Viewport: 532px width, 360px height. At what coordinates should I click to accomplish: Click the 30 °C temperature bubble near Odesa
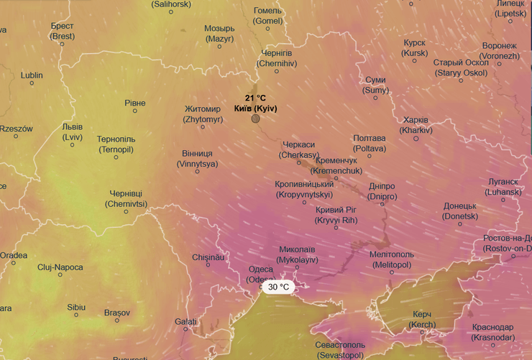tap(278, 287)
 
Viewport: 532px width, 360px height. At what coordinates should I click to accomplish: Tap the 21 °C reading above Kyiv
tap(255, 98)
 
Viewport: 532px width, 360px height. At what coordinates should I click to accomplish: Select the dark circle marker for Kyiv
tap(255, 118)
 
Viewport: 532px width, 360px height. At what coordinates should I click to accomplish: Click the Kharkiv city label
tap(416, 125)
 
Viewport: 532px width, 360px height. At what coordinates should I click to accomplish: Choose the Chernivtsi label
tap(126, 199)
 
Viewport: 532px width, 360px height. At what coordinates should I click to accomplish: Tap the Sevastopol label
tap(340, 350)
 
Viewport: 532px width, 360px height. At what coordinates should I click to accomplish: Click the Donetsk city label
tap(460, 211)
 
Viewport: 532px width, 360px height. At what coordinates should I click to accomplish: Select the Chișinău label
tap(209, 257)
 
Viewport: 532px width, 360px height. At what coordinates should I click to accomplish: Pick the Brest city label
tap(63, 31)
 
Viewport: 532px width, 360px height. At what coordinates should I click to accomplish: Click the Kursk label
tap(415, 48)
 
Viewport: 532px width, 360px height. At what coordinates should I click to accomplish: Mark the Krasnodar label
tap(493, 332)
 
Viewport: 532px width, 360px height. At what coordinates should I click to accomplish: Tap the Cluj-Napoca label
tap(60, 267)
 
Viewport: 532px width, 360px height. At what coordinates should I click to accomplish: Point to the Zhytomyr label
tap(203, 114)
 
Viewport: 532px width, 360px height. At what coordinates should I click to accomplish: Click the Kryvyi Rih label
tap(335, 215)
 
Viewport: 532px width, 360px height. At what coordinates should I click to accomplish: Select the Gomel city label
tap(268, 16)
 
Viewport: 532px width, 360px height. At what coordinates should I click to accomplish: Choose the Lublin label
tap(32, 75)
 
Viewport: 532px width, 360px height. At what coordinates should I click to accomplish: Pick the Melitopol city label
tap(391, 259)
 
